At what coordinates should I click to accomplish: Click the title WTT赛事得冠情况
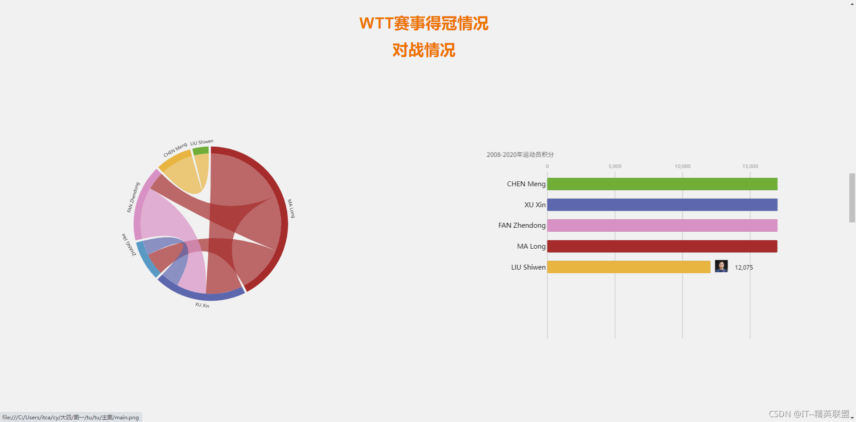[424, 23]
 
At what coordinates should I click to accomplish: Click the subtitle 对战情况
[424, 50]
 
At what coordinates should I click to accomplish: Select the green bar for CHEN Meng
[662, 184]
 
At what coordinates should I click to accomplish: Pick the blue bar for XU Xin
[662, 205]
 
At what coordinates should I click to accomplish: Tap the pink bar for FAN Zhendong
[662, 225]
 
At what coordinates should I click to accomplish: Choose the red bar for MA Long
[662, 246]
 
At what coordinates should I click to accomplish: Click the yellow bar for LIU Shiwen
[629, 267]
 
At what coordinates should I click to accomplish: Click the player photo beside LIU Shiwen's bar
[721, 266]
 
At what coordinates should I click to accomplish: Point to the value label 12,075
[744, 267]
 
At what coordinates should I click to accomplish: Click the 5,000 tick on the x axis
[615, 166]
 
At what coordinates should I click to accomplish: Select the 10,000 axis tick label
[682, 166]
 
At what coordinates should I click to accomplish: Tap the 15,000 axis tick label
[750, 166]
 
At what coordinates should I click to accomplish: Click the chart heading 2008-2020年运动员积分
[520, 155]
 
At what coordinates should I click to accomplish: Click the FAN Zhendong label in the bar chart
[522, 225]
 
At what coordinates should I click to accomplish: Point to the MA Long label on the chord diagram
[291, 209]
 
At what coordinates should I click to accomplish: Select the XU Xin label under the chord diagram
[202, 305]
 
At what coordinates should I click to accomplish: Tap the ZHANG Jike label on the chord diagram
[129, 245]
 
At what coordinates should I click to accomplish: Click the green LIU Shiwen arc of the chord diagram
[201, 151]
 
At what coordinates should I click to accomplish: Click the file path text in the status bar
[70, 418]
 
